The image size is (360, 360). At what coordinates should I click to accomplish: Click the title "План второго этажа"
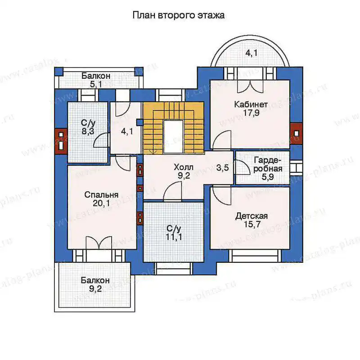pos(179,15)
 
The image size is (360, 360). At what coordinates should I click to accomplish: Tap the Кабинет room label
pos(251,104)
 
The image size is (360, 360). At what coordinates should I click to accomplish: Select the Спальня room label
pos(101,195)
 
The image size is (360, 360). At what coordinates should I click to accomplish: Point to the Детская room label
pos(252,216)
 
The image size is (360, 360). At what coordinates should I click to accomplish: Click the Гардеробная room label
pos(268,165)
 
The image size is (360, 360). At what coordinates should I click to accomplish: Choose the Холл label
pos(184,167)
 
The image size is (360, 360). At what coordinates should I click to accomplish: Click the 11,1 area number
pos(174,237)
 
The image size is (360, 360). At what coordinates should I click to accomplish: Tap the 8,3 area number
pos(88,131)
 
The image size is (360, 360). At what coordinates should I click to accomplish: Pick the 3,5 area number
pos(222,168)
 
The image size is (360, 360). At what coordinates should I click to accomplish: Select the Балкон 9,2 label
pos(95,284)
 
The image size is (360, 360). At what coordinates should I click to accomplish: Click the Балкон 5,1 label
pos(96,80)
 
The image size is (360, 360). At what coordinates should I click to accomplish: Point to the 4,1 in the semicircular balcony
pos(252,53)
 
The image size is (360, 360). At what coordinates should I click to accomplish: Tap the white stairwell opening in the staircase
pos(173,136)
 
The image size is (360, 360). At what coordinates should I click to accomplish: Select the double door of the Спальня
pos(98,243)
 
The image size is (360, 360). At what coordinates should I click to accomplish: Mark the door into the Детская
pos(221,193)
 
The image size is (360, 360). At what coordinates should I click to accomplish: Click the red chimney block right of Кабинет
pos(296,133)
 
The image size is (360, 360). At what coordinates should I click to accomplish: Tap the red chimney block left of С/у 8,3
pos(61,141)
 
